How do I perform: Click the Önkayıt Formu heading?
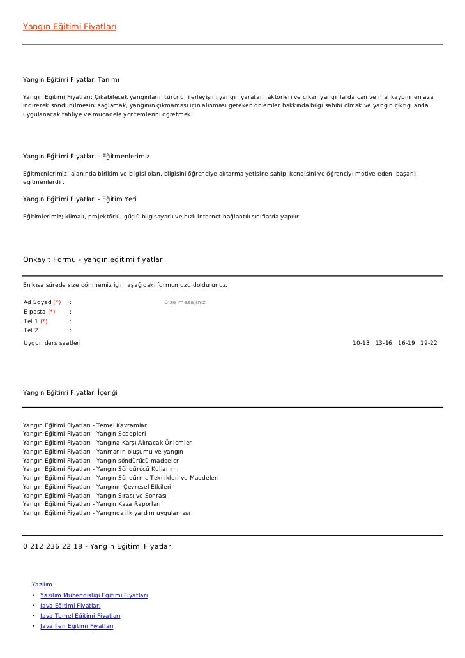pyautogui.click(x=94, y=259)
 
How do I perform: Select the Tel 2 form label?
pyautogui.click(x=31, y=330)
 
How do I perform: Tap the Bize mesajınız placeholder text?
pyautogui.click(x=185, y=302)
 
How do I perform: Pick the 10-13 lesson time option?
pyautogui.click(x=361, y=344)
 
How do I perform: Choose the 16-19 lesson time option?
pyautogui.click(x=406, y=344)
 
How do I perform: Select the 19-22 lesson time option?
pyautogui.click(x=429, y=344)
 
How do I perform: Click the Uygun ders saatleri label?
pyautogui.click(x=52, y=344)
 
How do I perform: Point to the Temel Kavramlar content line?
pyautogui.click(x=85, y=425)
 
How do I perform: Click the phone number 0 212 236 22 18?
pyautogui.click(x=52, y=546)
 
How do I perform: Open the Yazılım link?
pyautogui.click(x=42, y=584)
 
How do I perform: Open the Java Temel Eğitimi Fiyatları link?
pyautogui.click(x=80, y=616)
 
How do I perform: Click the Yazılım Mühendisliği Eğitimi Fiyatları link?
pyautogui.click(x=94, y=595)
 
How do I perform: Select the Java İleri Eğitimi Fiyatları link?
pyautogui.click(x=77, y=626)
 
